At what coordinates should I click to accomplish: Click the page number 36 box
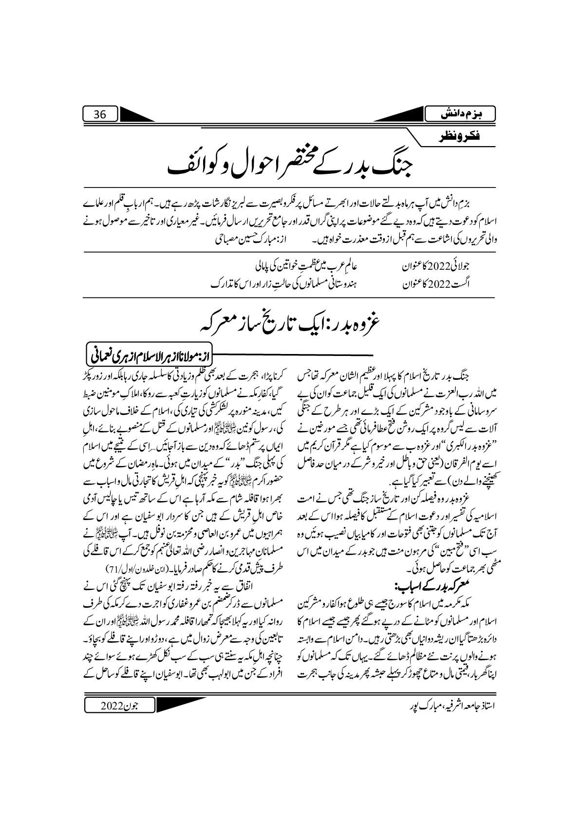pyautogui.click(x=100, y=115)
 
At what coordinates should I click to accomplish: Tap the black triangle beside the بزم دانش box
pyautogui.click(x=399, y=115)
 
